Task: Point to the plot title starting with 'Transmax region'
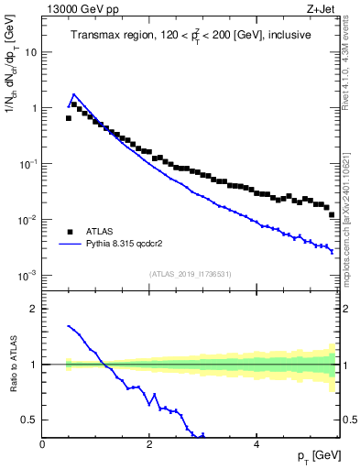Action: coord(190,36)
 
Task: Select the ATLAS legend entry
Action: coord(100,232)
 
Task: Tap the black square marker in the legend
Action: coord(70,232)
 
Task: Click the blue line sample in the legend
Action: coord(70,245)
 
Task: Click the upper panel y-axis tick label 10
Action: coord(30,52)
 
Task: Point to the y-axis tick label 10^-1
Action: coord(28,164)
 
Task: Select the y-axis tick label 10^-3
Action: coord(28,276)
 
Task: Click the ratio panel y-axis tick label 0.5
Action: coord(29,420)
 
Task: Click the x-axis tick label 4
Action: coord(256,445)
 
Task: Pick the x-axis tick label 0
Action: coord(42,445)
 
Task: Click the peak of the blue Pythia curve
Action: coord(74,93)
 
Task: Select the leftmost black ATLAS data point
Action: coord(68,118)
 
